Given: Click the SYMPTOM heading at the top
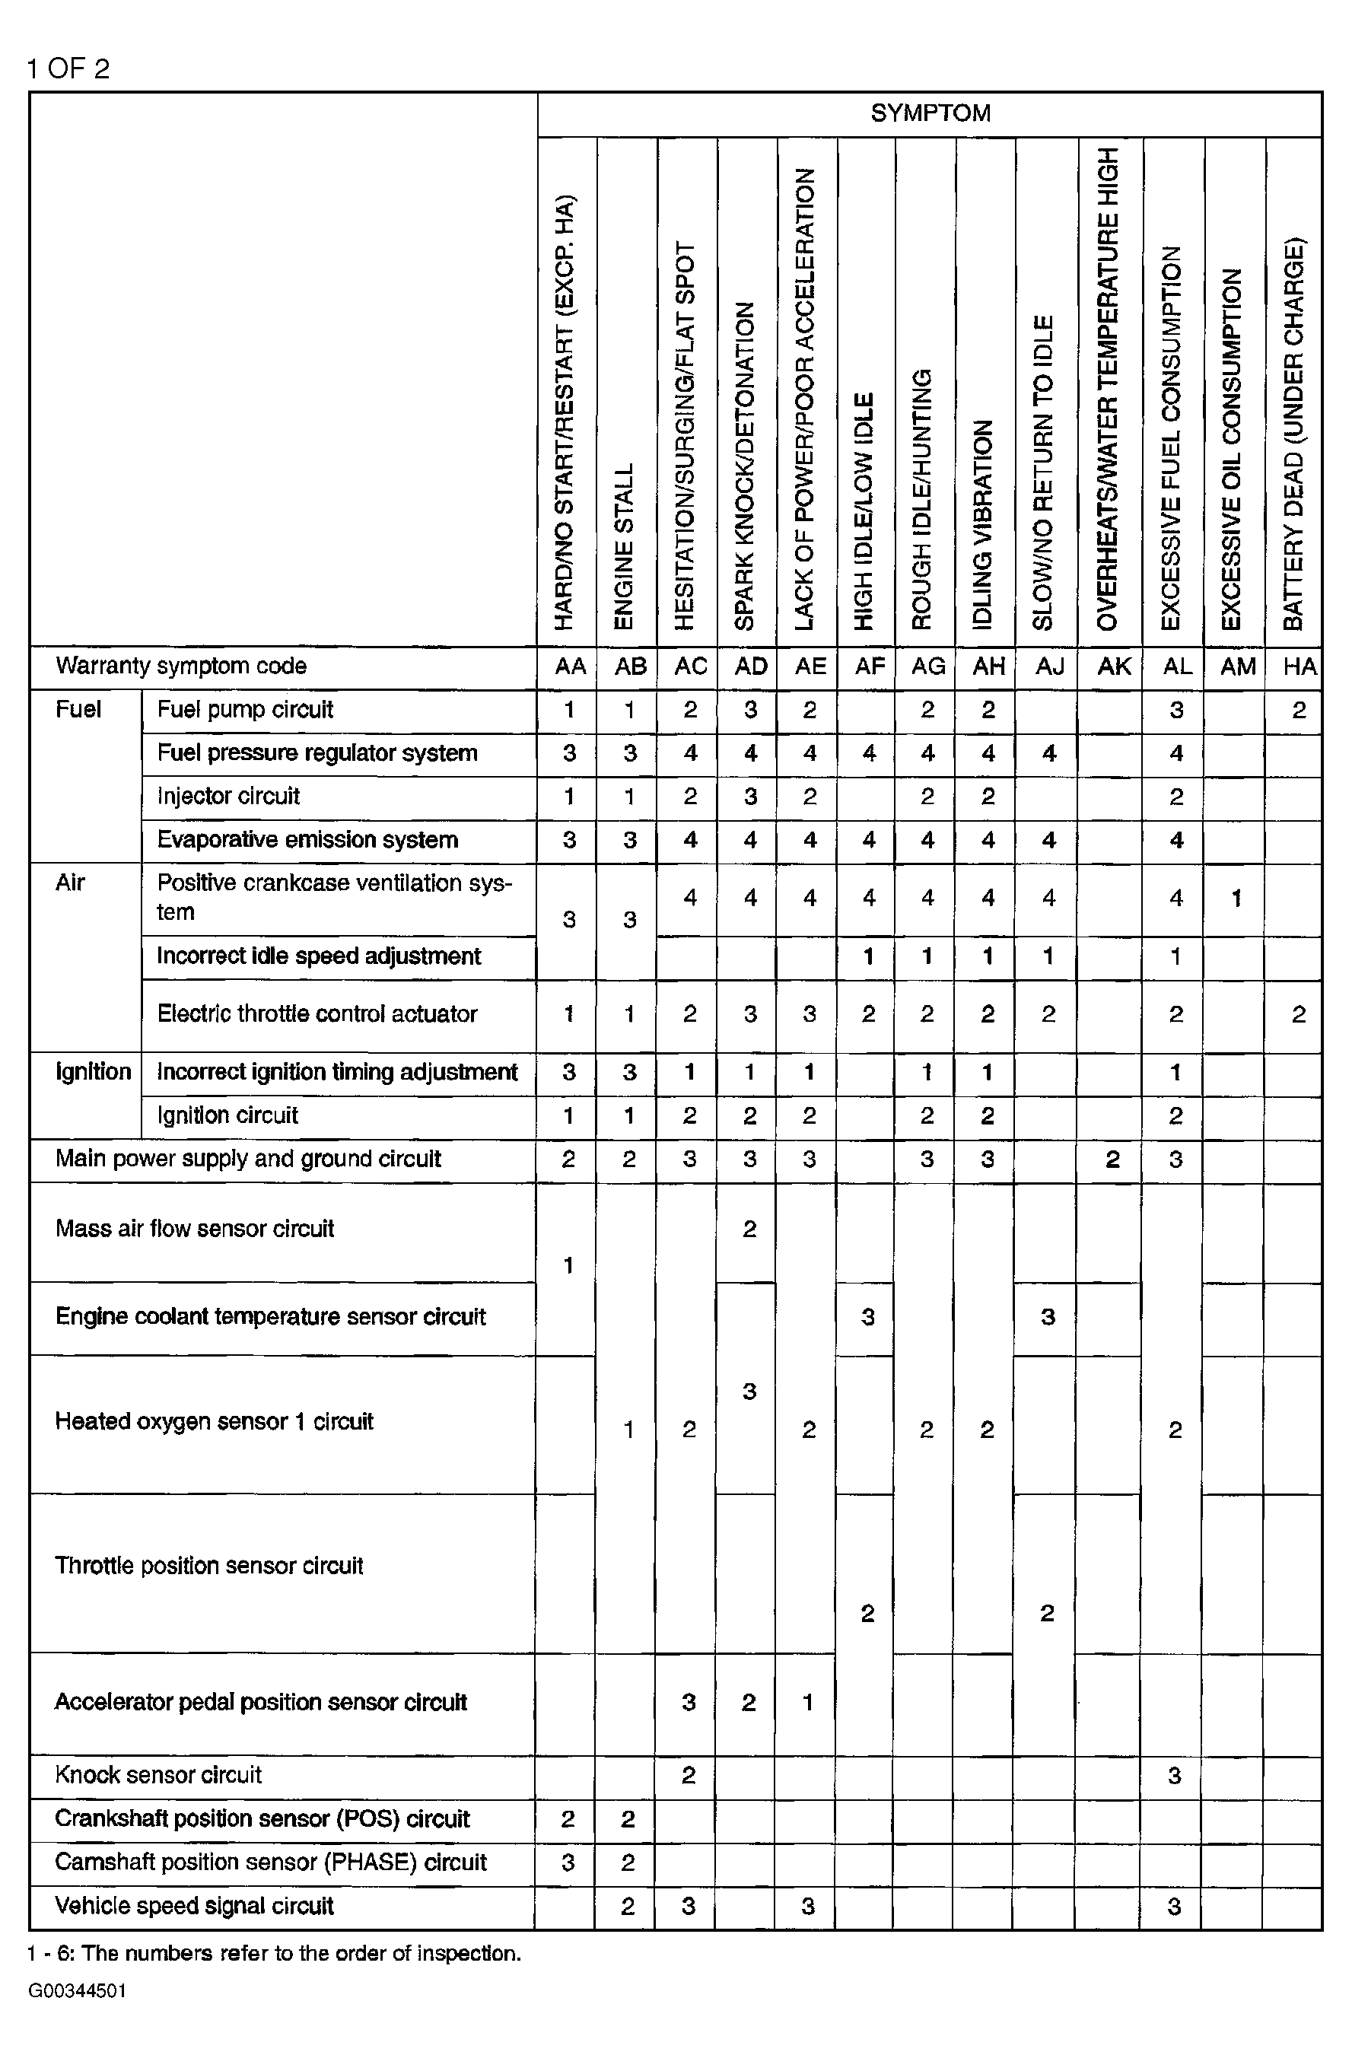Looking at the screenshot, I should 930,113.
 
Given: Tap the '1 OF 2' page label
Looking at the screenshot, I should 68,69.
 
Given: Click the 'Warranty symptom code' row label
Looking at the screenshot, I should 180,666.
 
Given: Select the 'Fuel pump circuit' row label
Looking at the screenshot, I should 244,710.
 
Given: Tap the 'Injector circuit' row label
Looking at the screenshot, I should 228,796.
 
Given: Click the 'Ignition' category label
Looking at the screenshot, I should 92,1073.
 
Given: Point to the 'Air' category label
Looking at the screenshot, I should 70,883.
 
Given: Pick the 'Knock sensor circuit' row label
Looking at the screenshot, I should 158,1775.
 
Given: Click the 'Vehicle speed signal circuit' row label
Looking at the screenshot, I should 194,1906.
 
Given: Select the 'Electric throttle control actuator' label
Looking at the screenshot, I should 317,1013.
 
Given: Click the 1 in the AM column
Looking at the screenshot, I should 1236,899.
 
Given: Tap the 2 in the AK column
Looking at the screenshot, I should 1113,1160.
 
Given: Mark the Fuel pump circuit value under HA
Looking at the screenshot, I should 1299,711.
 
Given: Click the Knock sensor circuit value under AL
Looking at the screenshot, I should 1175,1776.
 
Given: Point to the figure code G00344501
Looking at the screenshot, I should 77,1991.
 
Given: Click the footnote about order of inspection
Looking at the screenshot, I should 274,1953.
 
